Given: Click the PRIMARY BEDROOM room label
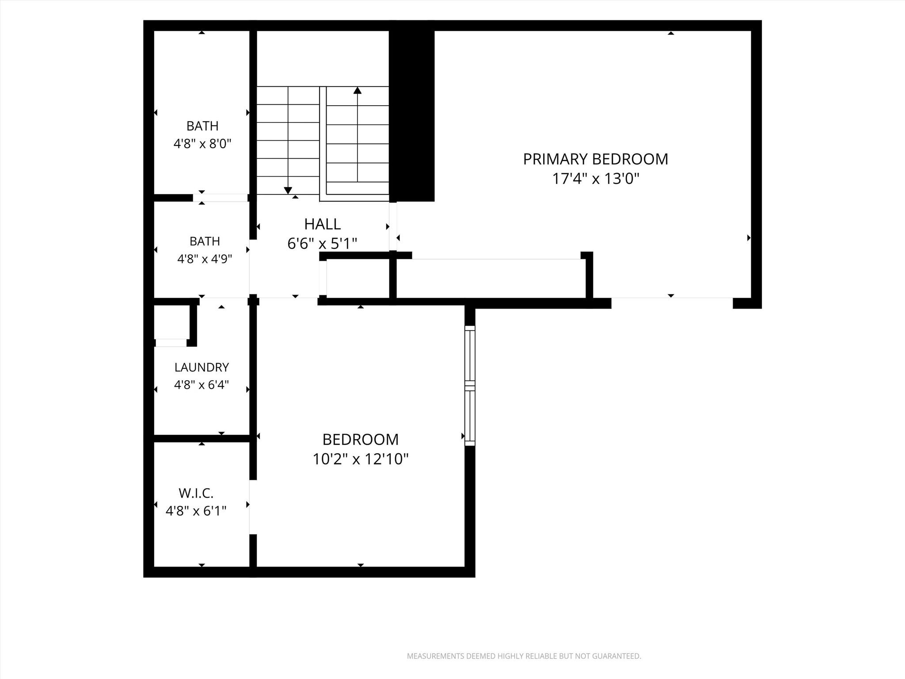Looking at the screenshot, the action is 596,159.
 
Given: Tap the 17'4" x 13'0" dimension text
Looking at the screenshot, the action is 596,179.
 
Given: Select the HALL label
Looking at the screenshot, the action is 323,224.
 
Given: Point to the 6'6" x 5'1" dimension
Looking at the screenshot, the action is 322,244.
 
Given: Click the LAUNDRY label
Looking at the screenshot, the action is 202,367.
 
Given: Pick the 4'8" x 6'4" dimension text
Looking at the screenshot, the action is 202,385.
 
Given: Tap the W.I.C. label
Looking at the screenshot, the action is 196,493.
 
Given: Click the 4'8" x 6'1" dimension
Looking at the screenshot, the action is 196,511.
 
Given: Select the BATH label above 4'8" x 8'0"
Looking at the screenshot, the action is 202,126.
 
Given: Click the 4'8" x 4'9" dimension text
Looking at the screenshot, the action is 205,259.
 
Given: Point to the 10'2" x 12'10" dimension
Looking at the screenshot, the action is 361,459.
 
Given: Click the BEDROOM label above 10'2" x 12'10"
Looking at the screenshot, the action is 361,439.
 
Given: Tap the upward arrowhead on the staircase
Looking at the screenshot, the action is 357,90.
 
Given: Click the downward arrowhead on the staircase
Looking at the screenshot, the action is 288,191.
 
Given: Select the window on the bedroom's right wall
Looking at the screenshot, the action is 470,385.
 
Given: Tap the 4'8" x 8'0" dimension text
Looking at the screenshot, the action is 202,144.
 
